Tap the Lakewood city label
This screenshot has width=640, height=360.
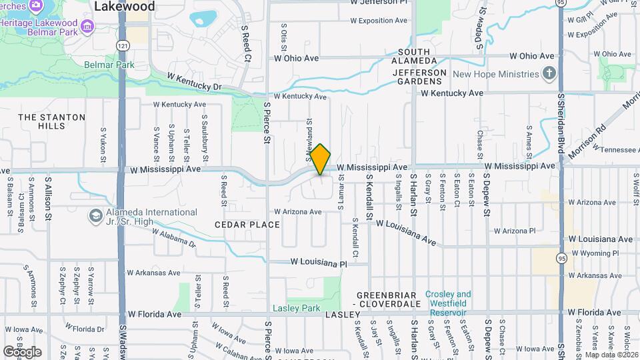(x=124, y=7)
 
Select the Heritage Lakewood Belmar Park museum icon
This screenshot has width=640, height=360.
(x=87, y=27)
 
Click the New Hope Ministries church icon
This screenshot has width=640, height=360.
(x=549, y=73)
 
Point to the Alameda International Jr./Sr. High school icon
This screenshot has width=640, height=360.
(x=95, y=217)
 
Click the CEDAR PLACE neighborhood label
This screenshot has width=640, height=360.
(x=247, y=225)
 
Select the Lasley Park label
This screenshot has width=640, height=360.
(x=297, y=308)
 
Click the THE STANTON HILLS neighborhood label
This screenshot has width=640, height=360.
(x=52, y=121)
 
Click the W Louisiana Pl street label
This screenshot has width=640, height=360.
(x=319, y=263)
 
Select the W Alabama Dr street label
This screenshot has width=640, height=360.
(x=175, y=239)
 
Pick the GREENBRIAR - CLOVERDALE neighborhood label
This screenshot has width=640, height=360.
(x=386, y=299)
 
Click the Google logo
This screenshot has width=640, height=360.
(x=22, y=351)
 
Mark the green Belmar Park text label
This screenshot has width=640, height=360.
(x=109, y=65)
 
